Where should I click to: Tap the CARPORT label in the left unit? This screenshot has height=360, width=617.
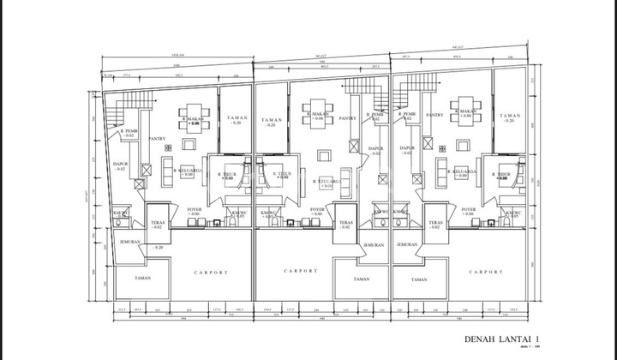click(x=211, y=273)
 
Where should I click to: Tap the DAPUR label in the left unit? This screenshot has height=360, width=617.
click(x=121, y=165)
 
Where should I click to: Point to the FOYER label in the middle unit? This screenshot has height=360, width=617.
click(x=317, y=208)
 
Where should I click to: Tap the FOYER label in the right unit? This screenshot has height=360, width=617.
click(x=468, y=208)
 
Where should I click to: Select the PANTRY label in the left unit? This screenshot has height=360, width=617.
click(x=157, y=137)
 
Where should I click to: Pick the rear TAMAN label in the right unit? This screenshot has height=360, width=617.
click(x=510, y=117)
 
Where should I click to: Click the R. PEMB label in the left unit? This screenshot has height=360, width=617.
click(x=128, y=131)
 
